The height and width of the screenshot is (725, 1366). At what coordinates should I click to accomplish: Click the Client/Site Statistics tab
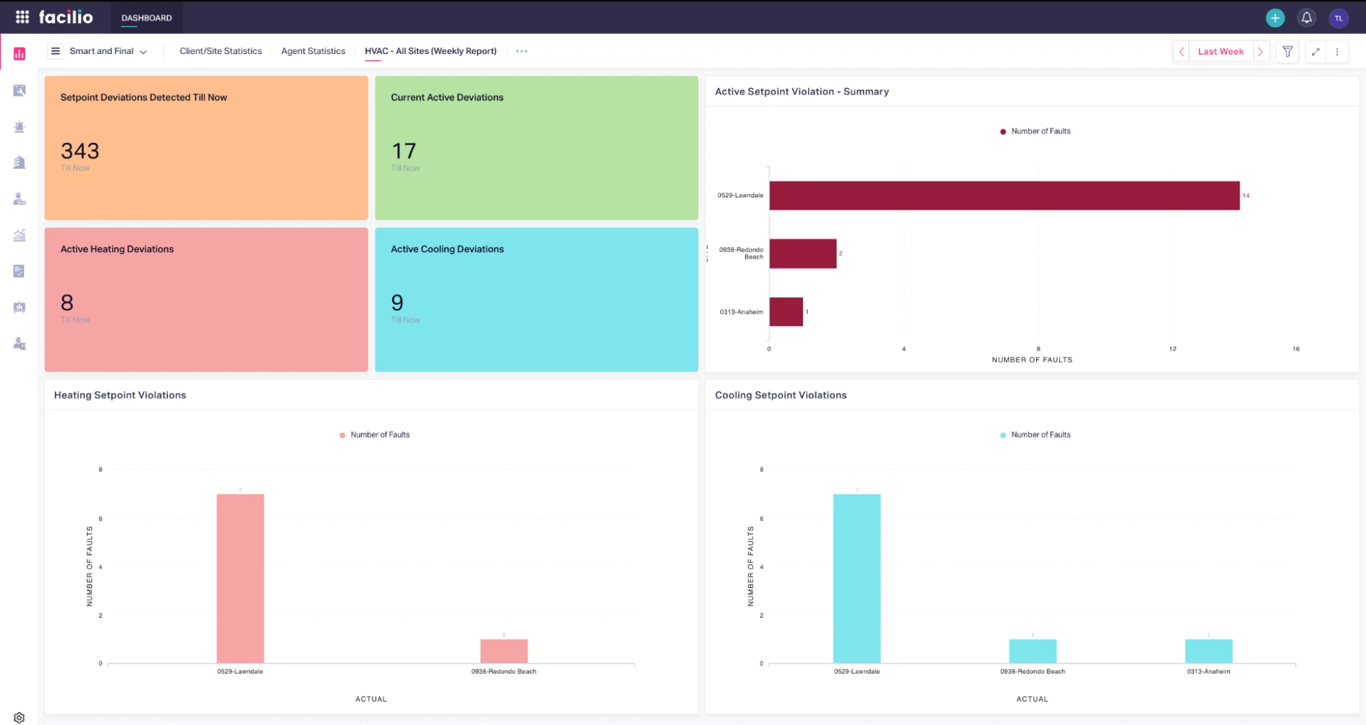tap(220, 51)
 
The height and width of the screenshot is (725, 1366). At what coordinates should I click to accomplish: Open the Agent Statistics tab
tap(313, 51)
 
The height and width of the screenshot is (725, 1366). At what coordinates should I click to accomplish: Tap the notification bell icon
tap(1307, 18)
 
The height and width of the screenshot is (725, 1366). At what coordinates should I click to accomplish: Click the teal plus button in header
tap(1275, 18)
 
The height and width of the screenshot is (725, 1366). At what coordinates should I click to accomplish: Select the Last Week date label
tap(1220, 52)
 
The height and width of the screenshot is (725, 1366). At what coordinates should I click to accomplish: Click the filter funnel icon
tap(1287, 52)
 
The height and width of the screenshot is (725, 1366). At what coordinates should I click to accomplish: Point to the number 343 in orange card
tap(80, 151)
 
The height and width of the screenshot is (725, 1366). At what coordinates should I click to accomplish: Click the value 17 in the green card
tap(404, 151)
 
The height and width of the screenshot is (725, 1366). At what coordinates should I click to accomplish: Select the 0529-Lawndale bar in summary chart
tap(1004, 195)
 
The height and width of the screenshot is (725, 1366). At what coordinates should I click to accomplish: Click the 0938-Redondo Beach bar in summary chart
tap(803, 254)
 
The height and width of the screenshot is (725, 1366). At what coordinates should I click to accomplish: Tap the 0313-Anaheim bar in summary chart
tap(786, 312)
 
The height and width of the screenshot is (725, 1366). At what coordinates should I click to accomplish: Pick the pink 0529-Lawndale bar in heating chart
tap(241, 578)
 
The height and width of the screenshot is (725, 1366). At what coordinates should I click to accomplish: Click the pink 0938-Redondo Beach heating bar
tap(504, 651)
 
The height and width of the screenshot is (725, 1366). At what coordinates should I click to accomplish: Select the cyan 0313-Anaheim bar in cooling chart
tap(1208, 651)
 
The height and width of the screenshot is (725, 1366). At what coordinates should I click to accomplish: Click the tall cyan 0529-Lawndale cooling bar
tap(857, 578)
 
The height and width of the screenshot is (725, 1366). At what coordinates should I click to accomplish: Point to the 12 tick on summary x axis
tap(1173, 349)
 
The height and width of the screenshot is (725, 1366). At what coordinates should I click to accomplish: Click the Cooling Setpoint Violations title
tap(780, 395)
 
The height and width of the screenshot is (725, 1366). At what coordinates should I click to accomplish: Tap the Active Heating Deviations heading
tap(117, 249)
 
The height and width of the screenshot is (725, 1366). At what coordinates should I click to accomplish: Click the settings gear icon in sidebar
tap(19, 717)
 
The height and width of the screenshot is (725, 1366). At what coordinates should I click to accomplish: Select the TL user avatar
tap(1339, 18)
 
